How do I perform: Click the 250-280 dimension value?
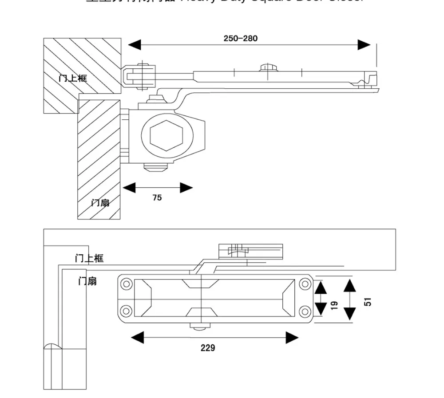240,38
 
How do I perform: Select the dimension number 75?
157,198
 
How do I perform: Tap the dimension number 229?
207,348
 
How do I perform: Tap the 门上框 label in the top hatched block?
73,78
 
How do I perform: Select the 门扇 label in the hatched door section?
100,203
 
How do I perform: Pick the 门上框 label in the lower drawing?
89,258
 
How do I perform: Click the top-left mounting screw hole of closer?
127,284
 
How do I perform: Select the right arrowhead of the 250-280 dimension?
364,44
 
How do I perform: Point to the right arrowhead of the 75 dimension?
186,188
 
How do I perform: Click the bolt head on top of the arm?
268,67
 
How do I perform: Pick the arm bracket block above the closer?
251,251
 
